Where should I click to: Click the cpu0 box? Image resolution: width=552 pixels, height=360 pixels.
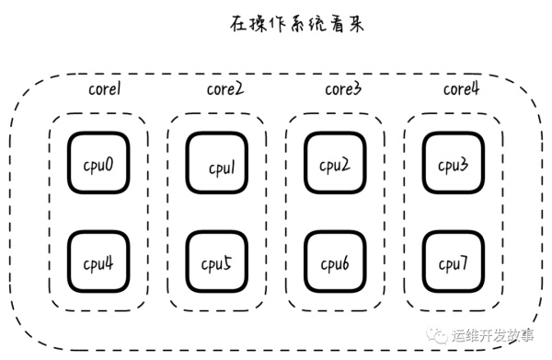coord(97,167)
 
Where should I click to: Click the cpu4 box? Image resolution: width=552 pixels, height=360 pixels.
coord(97,262)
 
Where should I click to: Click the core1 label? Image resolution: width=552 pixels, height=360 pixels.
coord(106,90)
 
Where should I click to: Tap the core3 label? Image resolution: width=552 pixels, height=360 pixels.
coord(342,89)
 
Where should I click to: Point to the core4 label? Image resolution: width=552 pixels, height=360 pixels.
coord(462,89)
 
